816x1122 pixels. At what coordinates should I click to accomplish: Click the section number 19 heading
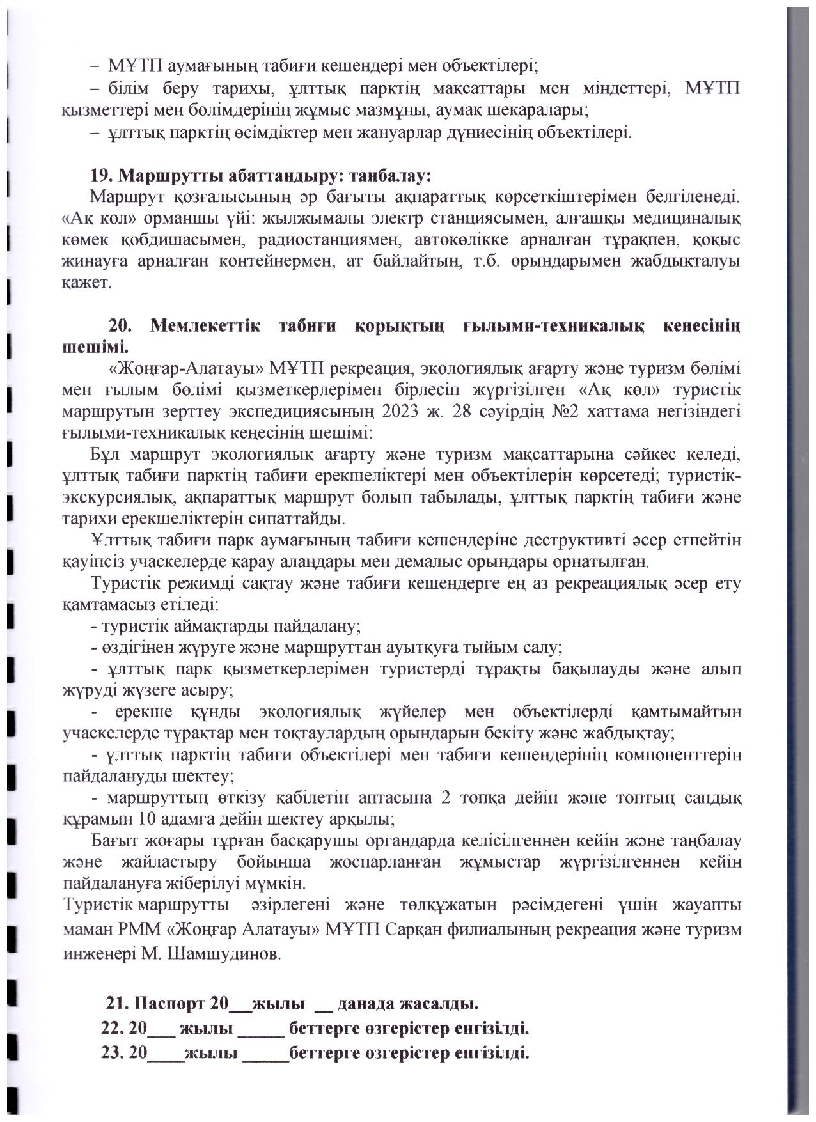tap(104, 175)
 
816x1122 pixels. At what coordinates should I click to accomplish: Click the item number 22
tap(112, 1030)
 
